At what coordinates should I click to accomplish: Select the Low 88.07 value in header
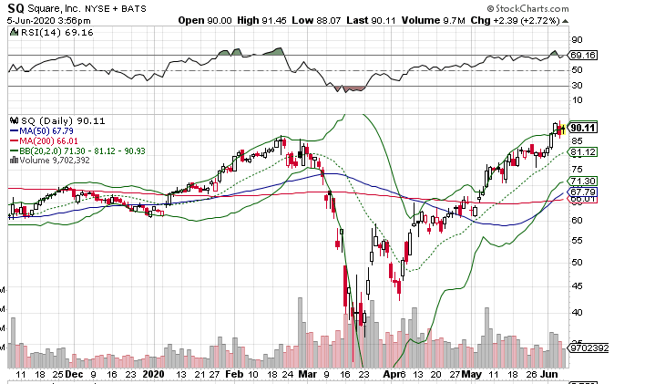(x=333, y=19)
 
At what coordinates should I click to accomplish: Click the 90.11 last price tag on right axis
(x=583, y=127)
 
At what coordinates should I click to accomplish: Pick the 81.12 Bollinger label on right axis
(x=583, y=151)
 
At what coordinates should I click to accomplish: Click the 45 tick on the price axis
(x=577, y=286)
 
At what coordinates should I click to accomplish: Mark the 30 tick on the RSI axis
(x=577, y=86)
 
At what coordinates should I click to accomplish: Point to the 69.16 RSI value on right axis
(x=583, y=56)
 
